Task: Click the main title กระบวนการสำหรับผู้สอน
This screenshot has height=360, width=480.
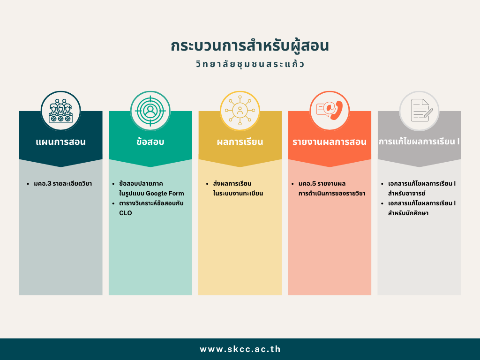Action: [250, 46]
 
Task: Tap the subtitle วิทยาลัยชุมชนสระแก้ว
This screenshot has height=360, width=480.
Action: [250, 64]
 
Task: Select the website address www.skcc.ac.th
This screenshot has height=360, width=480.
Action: [240, 349]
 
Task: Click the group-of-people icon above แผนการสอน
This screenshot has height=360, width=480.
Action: [60, 111]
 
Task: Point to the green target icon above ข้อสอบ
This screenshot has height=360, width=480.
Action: [150, 111]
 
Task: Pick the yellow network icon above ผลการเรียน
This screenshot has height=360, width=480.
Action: [240, 111]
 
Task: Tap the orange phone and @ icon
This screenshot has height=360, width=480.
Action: [330, 111]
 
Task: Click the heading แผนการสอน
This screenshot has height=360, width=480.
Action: [60, 142]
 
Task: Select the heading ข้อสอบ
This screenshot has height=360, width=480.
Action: [150, 142]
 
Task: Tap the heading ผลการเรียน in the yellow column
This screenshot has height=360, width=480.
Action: [240, 142]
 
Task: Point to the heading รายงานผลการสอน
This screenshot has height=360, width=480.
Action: [330, 142]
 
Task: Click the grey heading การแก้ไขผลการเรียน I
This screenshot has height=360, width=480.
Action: [419, 142]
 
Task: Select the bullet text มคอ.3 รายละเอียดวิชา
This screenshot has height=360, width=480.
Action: [63, 184]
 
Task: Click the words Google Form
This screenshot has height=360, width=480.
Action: [165, 194]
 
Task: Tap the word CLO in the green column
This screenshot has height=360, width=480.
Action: [126, 213]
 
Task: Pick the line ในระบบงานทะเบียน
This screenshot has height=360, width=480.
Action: [238, 194]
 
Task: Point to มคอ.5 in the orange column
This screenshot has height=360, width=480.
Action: [307, 184]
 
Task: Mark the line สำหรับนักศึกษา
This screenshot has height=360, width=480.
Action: [408, 213]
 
